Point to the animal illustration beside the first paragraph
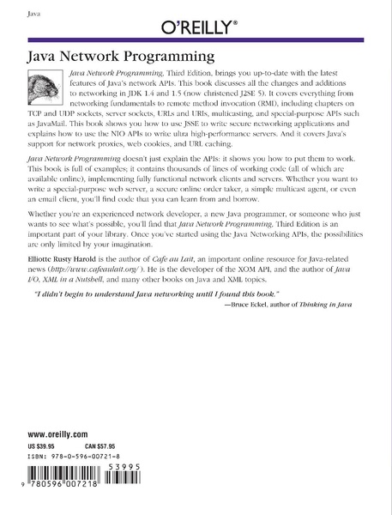[x=40, y=88]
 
